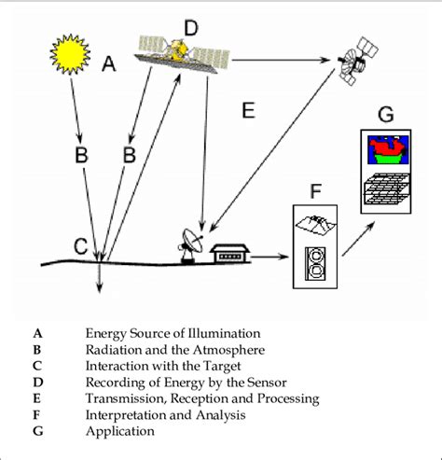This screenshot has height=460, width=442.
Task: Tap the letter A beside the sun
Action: click(x=109, y=64)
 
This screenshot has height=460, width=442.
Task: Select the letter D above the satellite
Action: click(x=190, y=29)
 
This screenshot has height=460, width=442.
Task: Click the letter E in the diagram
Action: click(x=248, y=111)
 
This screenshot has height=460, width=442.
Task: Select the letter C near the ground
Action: click(x=81, y=246)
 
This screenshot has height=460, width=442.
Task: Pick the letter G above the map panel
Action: click(x=384, y=115)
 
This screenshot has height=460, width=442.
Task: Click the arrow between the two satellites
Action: click(x=283, y=62)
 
